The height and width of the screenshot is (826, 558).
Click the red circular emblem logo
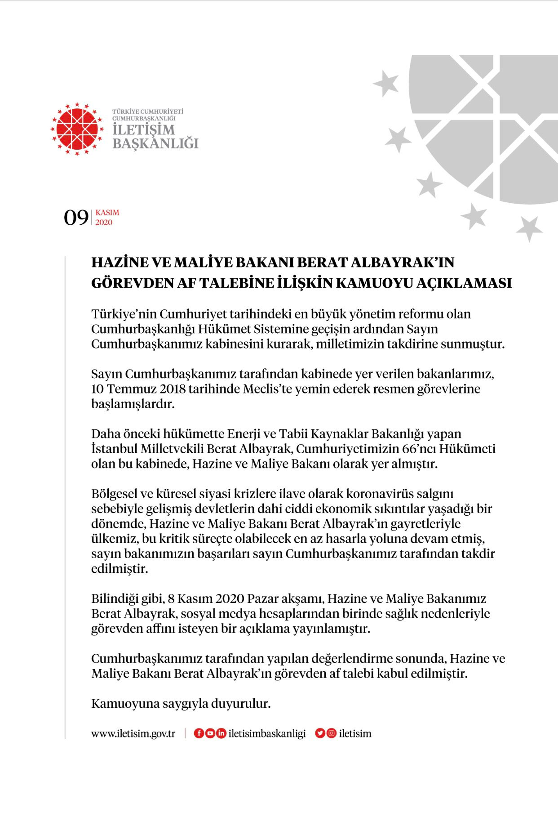click(77, 129)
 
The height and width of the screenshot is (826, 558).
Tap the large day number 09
click(76, 218)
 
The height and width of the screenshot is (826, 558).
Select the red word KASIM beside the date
click(107, 213)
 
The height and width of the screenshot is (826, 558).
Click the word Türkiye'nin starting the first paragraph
click(124, 314)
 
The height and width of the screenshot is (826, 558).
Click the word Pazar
click(263, 599)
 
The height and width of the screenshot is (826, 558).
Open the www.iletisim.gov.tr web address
click(133, 734)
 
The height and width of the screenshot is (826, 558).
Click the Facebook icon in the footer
click(199, 733)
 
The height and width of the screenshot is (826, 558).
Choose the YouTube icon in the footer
click(210, 733)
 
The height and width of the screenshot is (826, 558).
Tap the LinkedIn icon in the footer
click(221, 733)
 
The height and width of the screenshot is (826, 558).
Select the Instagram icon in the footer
click(331, 733)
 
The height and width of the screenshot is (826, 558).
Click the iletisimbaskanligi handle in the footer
click(267, 734)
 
